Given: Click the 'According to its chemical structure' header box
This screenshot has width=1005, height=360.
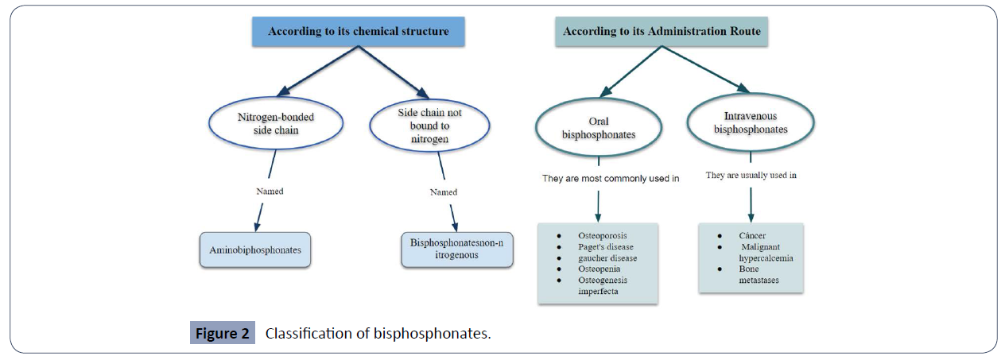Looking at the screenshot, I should point(358,32).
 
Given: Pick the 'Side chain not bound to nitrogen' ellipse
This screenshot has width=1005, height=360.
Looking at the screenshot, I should point(429,125).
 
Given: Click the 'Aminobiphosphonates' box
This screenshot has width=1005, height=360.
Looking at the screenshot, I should point(255,250).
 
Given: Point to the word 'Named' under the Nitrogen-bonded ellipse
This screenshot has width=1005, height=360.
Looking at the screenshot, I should point(269,192).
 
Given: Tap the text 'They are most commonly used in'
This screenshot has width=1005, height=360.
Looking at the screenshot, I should point(611,178).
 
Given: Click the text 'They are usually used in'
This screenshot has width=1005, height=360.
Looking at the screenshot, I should point(751,175).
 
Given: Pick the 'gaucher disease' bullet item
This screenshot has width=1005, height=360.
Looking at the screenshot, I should point(607,258).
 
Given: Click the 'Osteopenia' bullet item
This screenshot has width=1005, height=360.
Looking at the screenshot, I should point(600,269).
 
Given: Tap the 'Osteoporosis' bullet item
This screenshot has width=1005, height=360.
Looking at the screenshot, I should point(603,236).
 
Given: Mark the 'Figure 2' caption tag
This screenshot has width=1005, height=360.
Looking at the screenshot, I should point(223,333).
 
